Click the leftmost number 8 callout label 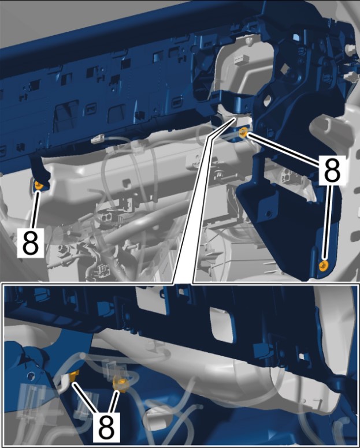coord(30,243)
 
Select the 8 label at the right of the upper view coord(332,170)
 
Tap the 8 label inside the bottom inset coord(106,427)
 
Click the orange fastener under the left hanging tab coord(39,186)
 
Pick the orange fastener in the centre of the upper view coord(243,133)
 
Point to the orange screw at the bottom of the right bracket coord(324,266)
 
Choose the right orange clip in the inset coord(120,384)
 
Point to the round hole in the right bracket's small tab coord(268,214)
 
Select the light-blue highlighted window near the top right coord(296,38)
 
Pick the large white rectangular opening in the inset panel coord(221,324)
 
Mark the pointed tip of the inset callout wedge coord(235,117)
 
